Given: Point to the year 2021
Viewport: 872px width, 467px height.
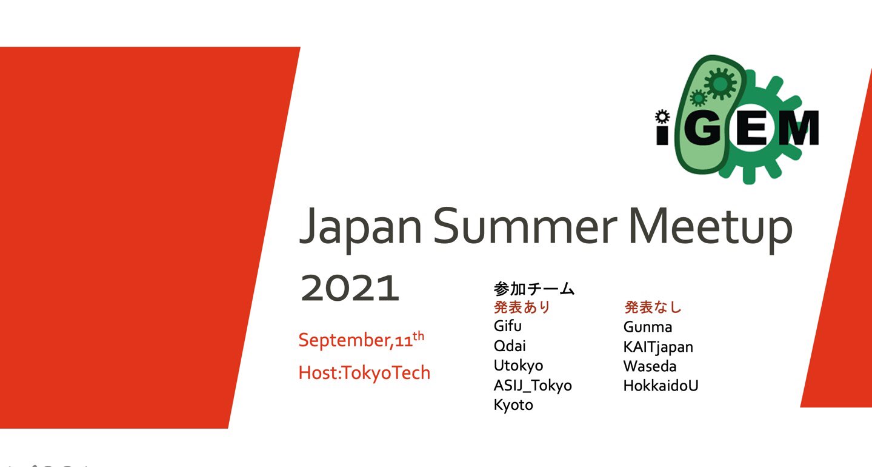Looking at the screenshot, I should tap(350, 289).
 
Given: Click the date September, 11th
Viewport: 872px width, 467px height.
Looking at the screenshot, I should tap(361, 340).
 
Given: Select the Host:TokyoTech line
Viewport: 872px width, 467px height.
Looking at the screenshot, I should tap(364, 372).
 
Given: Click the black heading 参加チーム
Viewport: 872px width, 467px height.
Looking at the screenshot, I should tap(534, 289).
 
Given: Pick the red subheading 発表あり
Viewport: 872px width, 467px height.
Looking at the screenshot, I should tap(522, 307).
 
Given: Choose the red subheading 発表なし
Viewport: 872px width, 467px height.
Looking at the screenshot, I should tap(653, 307).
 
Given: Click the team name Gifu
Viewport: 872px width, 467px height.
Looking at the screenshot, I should tap(508, 326).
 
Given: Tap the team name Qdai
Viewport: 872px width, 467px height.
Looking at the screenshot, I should tap(510, 346).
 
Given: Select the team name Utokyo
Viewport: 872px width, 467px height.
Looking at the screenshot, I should tap(518, 366).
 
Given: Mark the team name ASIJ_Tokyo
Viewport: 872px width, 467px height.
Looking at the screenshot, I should tap(533, 385).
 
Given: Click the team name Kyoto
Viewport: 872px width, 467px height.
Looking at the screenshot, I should tap(513, 405).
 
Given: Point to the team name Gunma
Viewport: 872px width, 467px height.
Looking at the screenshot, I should tap(647, 328).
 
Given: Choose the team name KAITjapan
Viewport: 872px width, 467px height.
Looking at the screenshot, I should tap(658, 347).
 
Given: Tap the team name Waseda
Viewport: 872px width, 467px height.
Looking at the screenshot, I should tap(650, 366).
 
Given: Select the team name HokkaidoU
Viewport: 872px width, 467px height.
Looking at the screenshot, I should tap(661, 386).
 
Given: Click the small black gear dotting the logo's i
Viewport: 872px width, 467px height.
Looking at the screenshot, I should tap(661, 115).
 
